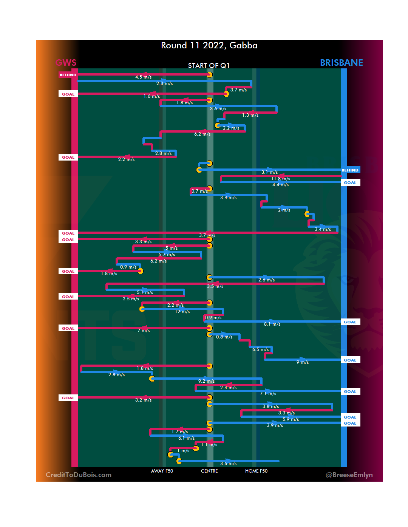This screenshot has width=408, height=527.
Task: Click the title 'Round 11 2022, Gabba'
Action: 209,46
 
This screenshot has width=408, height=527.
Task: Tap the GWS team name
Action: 66,63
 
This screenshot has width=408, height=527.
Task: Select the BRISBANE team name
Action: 341,63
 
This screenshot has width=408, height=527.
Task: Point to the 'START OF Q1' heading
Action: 209,66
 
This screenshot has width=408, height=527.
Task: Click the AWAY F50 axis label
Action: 162,471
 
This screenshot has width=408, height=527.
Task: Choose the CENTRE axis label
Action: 209,471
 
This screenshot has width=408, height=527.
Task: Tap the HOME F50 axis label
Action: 256,471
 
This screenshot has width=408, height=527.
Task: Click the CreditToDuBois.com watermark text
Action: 79,475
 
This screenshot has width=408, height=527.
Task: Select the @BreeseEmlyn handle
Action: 349,475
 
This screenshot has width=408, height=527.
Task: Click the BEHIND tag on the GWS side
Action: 68,75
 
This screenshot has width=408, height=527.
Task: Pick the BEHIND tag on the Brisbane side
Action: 350,170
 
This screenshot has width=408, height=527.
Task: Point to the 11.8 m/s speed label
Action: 281,179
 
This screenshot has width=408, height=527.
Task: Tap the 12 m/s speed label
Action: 182,312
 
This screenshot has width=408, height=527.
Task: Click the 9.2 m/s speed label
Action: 206,381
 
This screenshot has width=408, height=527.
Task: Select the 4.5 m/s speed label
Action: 144,77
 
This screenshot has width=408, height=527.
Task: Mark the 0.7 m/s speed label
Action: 199,191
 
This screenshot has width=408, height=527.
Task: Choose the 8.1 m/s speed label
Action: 272,324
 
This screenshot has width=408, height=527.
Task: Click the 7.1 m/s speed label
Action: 268,394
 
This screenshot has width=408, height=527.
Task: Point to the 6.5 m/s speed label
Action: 260,349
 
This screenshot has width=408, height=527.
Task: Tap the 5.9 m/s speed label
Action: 291,419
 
